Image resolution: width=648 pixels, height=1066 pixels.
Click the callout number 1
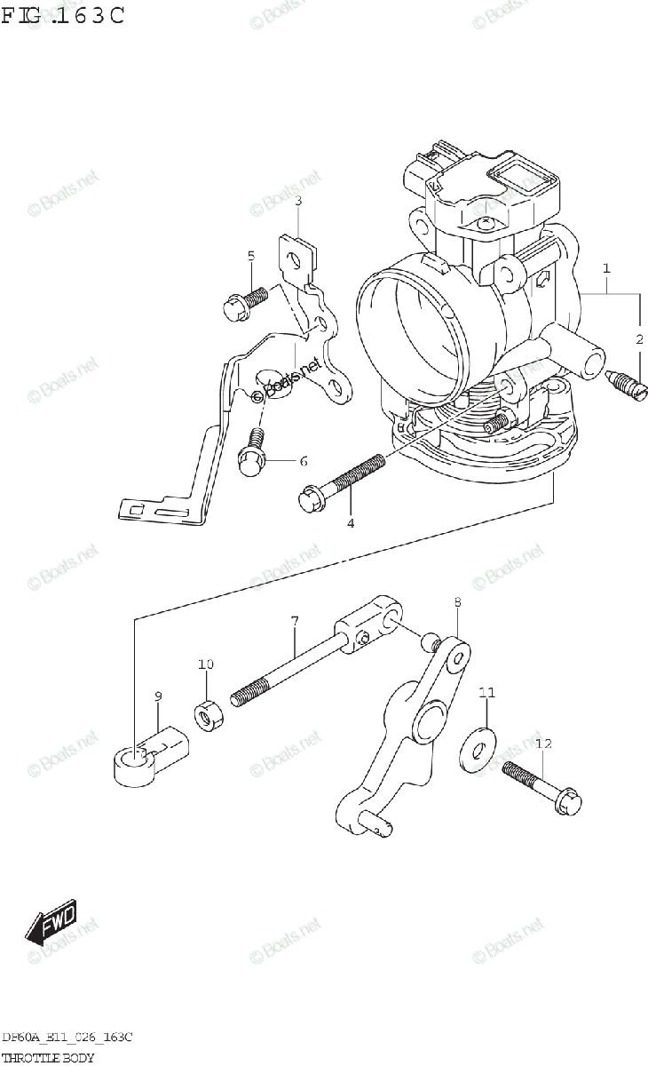606,267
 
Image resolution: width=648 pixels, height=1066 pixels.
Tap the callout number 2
638,338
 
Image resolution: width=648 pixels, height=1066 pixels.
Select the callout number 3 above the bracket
298,201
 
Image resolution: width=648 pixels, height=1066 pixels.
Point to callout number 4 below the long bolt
351,523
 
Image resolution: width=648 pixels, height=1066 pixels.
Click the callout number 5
250,257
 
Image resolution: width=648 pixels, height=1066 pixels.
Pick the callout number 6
303,461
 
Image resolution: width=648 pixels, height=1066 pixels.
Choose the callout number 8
457,602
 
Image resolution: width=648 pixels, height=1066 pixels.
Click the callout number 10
206,664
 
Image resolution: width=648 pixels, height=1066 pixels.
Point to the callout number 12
543,743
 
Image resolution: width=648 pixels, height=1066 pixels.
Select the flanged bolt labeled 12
542,789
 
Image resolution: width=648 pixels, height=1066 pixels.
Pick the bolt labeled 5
243,302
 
